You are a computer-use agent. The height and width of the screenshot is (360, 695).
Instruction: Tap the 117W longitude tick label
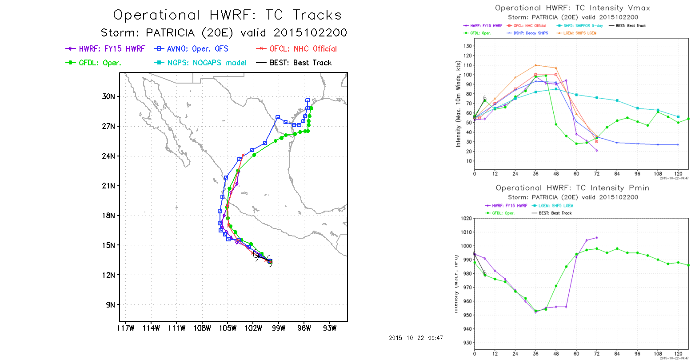coord(125,328)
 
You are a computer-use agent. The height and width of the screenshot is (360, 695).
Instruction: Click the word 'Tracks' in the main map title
coord(316,15)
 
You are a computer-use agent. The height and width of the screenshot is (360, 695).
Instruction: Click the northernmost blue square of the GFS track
coord(308,100)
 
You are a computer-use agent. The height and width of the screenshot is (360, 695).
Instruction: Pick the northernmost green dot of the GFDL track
coord(312,108)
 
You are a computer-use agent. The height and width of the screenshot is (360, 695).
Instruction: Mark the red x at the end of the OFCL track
coord(243,155)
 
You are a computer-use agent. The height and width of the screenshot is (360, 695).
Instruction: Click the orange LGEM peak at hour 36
coord(535,65)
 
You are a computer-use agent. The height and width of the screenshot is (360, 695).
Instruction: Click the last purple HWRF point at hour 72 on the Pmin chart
coord(596,238)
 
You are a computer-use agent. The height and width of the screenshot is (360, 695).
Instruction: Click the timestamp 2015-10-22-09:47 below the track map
coord(415,338)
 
